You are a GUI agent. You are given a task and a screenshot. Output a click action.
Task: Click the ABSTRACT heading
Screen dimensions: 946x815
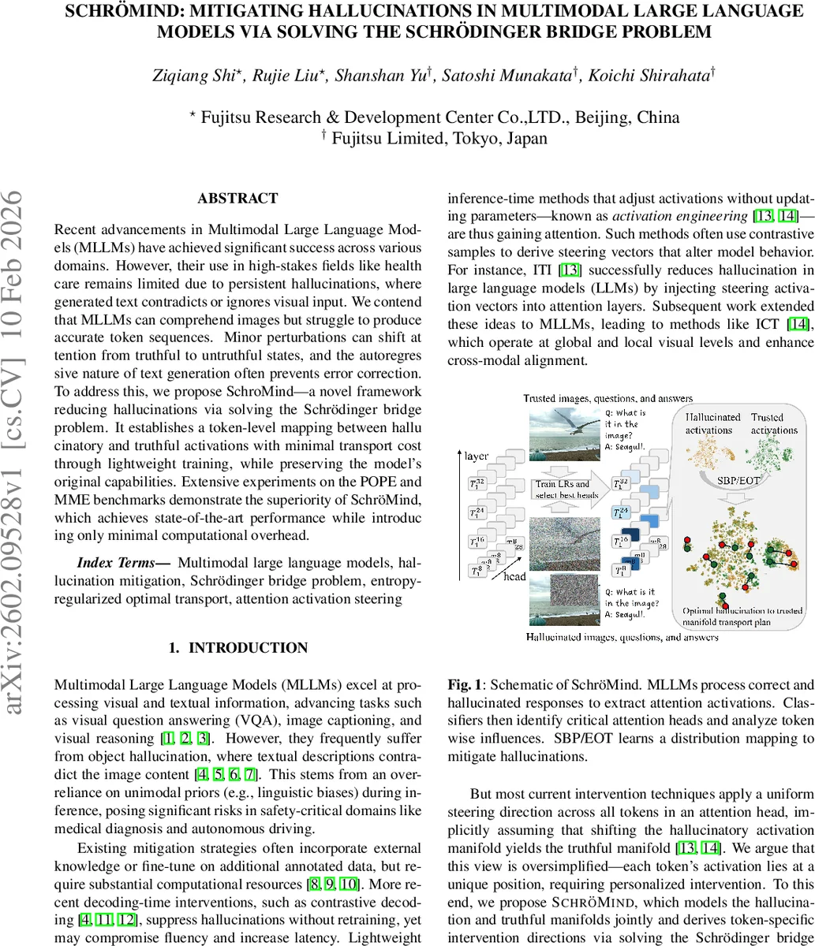[237, 199]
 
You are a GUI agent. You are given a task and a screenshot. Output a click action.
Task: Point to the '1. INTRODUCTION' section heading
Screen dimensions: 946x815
[237, 647]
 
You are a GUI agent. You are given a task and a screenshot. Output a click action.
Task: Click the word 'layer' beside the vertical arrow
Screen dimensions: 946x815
[477, 456]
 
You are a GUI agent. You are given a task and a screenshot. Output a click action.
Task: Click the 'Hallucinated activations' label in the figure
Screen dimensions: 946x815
[712, 423]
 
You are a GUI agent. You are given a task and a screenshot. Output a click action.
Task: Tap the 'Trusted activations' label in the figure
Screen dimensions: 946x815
[773, 423]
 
